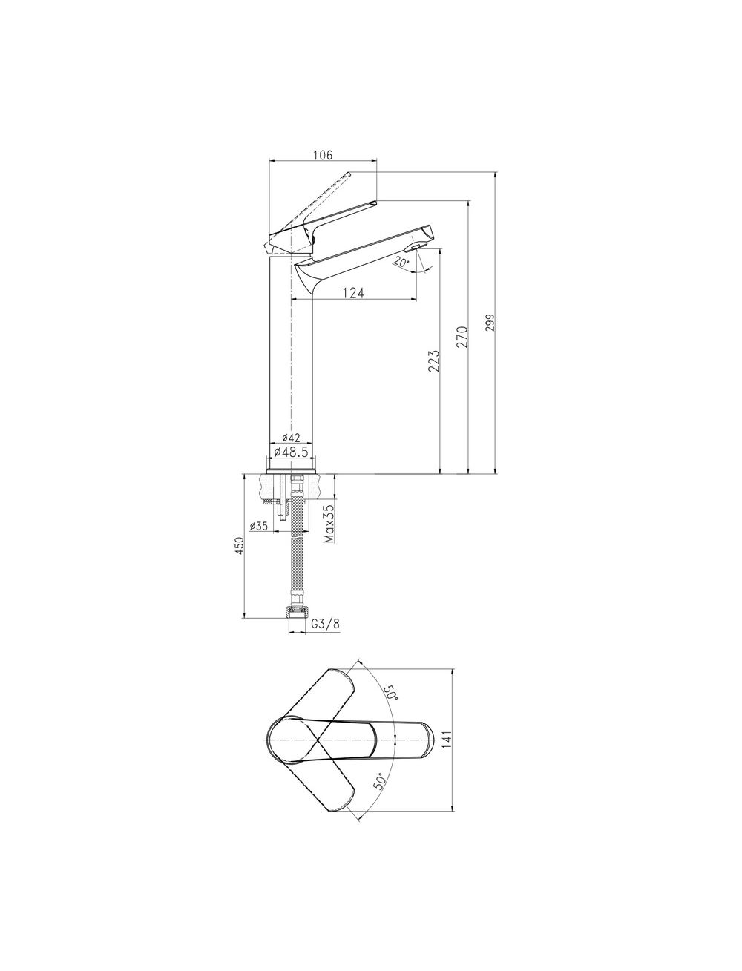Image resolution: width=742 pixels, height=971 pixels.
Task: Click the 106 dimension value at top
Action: pos(323,155)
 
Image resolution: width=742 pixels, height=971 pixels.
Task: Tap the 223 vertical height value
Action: pos(435,361)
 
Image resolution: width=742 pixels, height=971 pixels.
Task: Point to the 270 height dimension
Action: pos(462,338)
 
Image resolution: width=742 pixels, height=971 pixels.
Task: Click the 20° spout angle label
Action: pos(401,262)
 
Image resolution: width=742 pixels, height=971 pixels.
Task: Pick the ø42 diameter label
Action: pos(291,438)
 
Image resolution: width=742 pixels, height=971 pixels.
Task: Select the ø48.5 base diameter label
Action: pos(291,452)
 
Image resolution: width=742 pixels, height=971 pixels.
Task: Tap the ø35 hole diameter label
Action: pos(259,526)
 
